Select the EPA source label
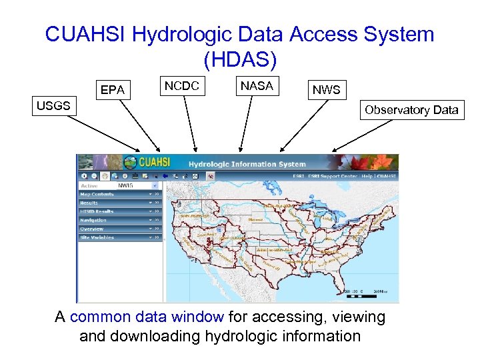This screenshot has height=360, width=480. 112,90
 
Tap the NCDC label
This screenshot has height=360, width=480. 182,86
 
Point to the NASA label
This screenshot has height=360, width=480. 257,86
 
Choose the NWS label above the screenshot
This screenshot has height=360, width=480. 326,90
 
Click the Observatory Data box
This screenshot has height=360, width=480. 411,110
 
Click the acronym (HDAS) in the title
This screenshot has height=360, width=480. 239,60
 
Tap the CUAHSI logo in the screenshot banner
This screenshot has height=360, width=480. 150,163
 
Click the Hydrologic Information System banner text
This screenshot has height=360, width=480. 247,164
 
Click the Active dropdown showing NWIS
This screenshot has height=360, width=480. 137,185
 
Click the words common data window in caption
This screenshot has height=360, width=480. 147,317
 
